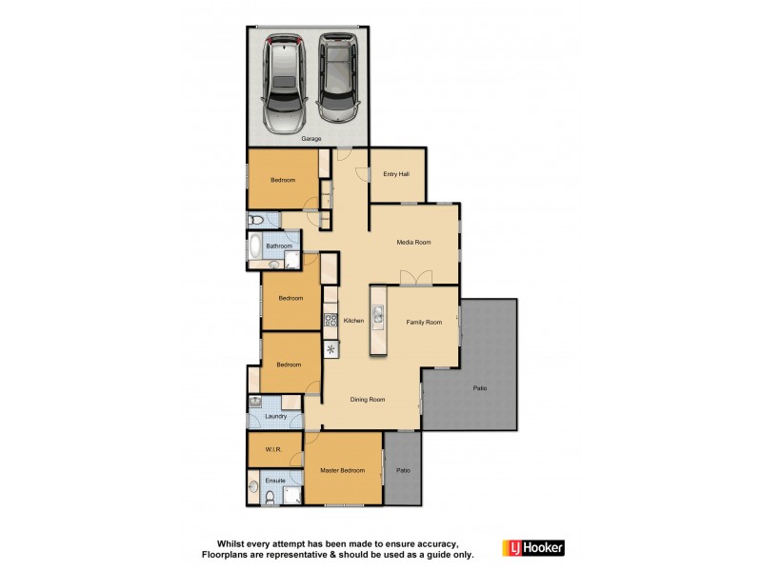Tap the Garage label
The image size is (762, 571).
point(311,139)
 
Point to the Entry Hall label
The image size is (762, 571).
point(395,174)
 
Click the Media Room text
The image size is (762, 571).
point(414,243)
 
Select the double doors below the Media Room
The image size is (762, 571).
point(416,278)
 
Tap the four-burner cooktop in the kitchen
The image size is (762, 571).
point(331,320)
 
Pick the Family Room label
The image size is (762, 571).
point(424,323)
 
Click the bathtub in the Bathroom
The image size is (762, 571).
point(254,247)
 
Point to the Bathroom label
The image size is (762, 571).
point(279,246)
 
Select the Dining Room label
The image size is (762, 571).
point(368,400)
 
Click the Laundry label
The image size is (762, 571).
point(276,416)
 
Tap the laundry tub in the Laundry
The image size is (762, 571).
point(255,402)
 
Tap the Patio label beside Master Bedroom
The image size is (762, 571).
point(403,469)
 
